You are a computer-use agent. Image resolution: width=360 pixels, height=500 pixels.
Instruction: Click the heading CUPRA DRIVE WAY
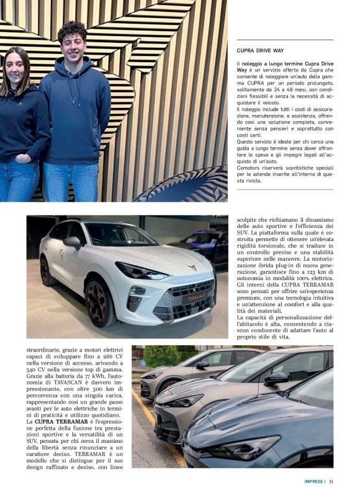pos(261,50)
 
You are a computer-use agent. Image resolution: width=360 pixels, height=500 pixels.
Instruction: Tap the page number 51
pos(332,481)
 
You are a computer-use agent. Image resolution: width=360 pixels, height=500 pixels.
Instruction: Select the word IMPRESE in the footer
pos(314,481)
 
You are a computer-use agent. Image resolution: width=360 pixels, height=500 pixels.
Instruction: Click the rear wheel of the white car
pos(47,272)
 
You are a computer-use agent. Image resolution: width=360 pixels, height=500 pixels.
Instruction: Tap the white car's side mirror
pos(73,241)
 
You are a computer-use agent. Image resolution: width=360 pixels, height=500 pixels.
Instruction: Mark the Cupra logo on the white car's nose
pos(193,268)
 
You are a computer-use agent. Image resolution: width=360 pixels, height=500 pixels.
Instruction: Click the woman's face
pos(17,68)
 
